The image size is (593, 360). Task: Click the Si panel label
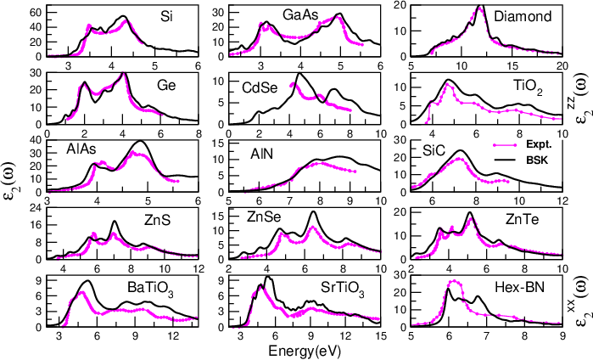click(x=168, y=16)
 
